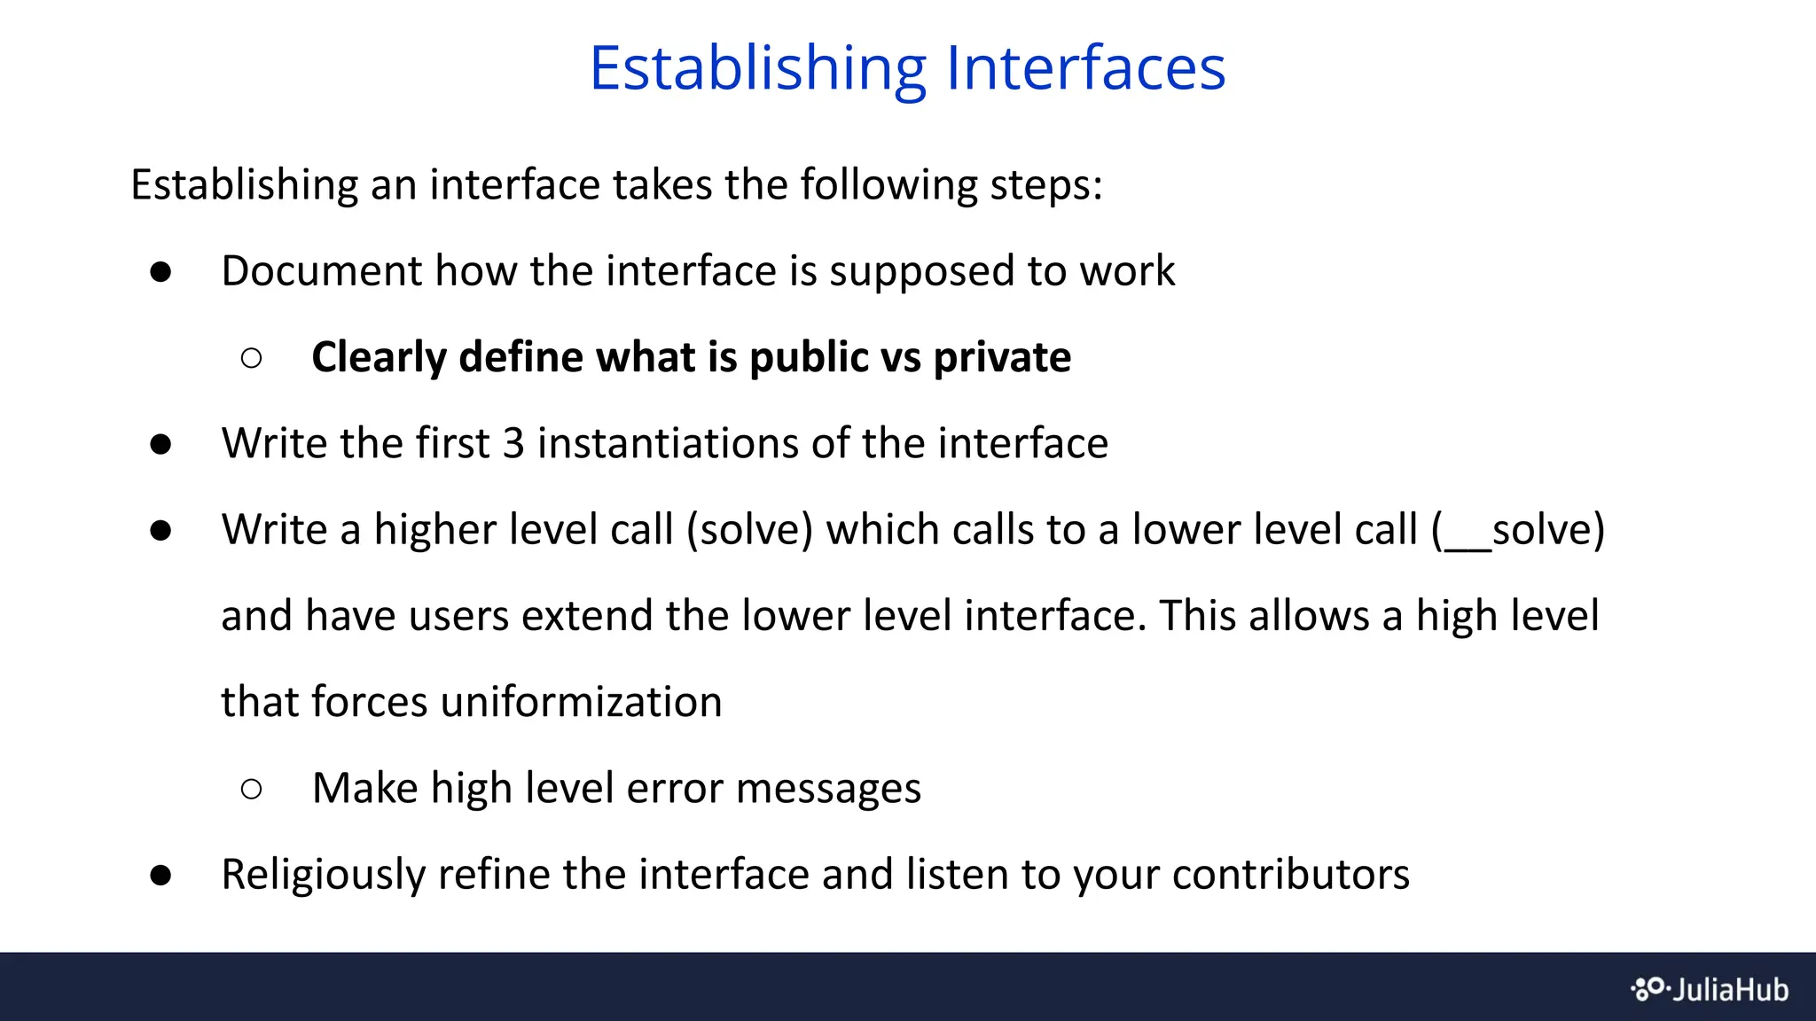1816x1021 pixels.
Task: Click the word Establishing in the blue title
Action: tap(758, 69)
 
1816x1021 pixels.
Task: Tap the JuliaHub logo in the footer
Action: tap(1710, 988)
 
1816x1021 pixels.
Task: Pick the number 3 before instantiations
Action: tap(513, 443)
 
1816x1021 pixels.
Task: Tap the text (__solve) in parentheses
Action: tap(1518, 530)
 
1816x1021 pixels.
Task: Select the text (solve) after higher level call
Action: tap(749, 530)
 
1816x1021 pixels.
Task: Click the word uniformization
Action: tap(581, 702)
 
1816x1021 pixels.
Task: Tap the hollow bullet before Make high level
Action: tap(251, 789)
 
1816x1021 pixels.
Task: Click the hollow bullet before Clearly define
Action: tap(251, 358)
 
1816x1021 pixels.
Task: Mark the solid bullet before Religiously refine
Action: tap(160, 876)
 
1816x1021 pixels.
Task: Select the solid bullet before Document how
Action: tap(160, 272)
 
